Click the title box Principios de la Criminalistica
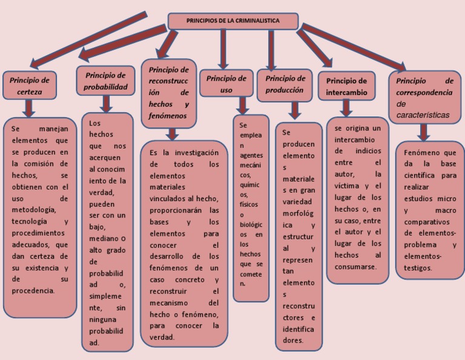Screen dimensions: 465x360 (232, 21)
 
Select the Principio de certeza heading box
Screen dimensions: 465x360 (29, 85)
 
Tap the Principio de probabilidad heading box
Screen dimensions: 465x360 (105, 81)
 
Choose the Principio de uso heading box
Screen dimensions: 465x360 (226, 84)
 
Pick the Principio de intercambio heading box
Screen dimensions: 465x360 (346, 87)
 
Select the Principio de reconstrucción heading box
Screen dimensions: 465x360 (168, 92)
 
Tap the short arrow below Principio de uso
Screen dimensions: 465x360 (243, 105)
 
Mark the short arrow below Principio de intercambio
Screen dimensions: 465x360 (346, 108)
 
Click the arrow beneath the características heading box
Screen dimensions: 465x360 (424, 132)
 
